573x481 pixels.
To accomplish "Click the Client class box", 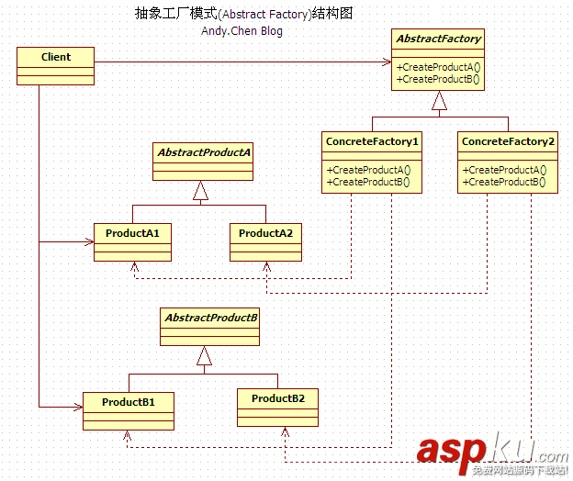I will tap(55, 64).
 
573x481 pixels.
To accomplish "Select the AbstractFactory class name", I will tap(438, 39).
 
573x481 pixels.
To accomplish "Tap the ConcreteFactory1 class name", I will tap(372, 142).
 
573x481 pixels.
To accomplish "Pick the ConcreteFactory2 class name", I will tap(508, 142).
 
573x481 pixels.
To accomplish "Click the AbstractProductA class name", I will tap(204, 151).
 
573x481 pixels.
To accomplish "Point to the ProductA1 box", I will tap(132, 241).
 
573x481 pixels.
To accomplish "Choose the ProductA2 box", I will tap(265, 241).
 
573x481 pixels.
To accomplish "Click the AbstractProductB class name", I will tap(211, 318).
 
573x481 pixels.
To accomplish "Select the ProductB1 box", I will tap(129, 410).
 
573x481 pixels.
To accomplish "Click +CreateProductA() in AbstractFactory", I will tap(438, 67).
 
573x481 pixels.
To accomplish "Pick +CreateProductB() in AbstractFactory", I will tap(438, 79).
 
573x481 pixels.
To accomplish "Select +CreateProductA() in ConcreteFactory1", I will tap(371, 170).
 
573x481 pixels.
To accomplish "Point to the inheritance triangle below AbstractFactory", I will tap(439, 102).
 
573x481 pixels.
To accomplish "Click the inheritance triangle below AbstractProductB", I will tap(205, 357).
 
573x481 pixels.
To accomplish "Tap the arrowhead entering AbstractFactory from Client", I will tap(387, 62).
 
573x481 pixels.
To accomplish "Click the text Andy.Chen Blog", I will tap(242, 31).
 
